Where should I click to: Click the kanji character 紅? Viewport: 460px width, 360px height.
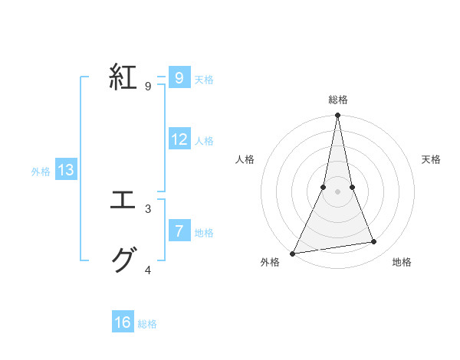tap(123, 77)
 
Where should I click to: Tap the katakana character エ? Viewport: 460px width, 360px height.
tap(123, 201)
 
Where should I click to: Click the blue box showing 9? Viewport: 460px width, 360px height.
tap(179, 77)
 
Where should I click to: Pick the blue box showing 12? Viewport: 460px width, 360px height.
tap(179, 139)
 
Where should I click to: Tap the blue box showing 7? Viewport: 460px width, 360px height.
tap(179, 231)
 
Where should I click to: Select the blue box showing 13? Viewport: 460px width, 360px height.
tap(66, 170)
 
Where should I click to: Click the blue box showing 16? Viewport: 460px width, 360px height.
tap(123, 322)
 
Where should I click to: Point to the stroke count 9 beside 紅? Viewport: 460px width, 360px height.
tap(148, 87)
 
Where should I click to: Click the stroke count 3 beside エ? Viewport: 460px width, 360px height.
tap(148, 208)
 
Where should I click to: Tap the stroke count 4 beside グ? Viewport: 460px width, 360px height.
tap(148, 270)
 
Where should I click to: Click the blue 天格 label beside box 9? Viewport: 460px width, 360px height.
tap(205, 79)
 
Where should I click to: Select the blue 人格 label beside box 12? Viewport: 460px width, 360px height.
tap(205, 141)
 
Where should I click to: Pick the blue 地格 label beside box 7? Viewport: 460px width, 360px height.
tap(205, 233)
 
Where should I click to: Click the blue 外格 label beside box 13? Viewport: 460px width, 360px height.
tap(41, 172)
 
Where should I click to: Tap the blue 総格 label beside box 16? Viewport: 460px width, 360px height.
tap(147, 324)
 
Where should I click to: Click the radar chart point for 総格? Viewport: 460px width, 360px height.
tap(337, 116)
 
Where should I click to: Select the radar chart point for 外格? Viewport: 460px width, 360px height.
tap(293, 253)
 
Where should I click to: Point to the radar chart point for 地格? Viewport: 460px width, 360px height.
tap(374, 242)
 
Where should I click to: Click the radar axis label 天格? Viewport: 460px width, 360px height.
tap(432, 159)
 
